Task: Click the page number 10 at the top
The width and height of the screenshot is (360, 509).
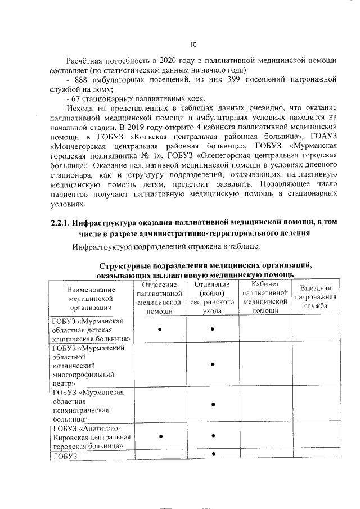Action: coord(193,44)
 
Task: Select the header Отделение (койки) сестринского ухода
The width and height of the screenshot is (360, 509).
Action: coord(213,298)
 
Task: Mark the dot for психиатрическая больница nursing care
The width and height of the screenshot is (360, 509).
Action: coord(213,404)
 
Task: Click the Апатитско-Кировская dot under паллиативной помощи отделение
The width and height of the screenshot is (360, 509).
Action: coord(161,436)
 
